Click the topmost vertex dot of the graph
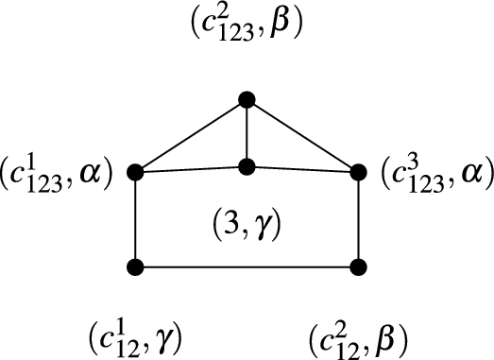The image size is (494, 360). tap(247, 97)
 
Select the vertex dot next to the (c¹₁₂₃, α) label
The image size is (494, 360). tap(135, 173)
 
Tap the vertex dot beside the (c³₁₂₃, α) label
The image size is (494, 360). tap(359, 173)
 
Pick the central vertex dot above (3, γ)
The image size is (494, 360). tap(247, 167)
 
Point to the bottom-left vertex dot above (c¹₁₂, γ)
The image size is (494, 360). tap(135, 266)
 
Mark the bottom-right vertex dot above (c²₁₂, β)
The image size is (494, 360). tap(359, 266)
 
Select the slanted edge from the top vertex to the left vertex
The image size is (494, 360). tap(191, 135)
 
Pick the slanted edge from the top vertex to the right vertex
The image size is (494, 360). tap(303, 135)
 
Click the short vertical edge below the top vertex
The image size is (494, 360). tap(247, 132)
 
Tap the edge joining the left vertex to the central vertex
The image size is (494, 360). tap(191, 170)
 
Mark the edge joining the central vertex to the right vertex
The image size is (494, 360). tap(303, 170)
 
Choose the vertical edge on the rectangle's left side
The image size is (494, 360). tap(135, 219)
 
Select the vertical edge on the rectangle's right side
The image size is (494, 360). tap(359, 219)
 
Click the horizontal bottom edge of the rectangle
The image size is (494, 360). tap(247, 266)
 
